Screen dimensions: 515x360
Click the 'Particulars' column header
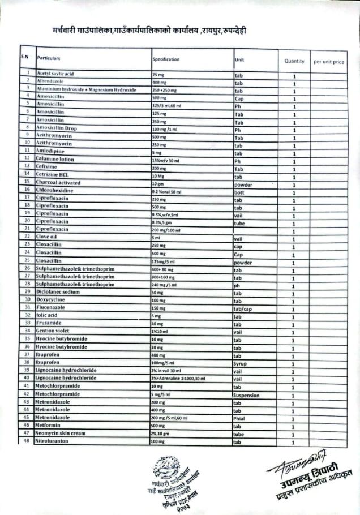point(49,58)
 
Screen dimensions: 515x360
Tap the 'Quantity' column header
point(294,61)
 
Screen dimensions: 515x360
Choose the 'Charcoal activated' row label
point(59,183)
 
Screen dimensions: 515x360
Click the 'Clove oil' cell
point(47,236)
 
